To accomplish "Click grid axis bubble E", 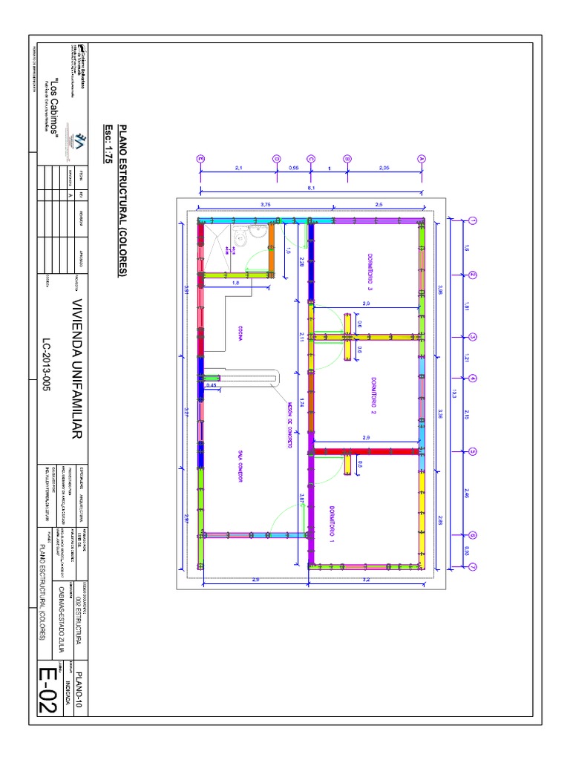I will click(x=200, y=158).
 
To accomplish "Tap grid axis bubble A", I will click(x=421, y=158).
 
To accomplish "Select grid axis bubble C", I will click(x=310, y=158).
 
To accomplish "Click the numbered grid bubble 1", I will click(x=472, y=221).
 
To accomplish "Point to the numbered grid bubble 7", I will click(x=472, y=567).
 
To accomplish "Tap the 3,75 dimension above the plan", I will click(x=266, y=204).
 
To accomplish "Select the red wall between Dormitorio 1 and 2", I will click(x=364, y=451).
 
